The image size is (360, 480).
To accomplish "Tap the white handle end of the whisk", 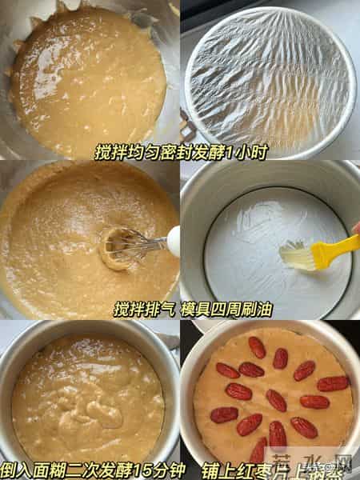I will click(x=174, y=240).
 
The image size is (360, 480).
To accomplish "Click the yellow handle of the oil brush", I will click(x=334, y=250).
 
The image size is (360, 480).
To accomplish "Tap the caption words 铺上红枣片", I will click(x=241, y=467).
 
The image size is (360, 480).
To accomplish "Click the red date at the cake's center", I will click(x=276, y=400).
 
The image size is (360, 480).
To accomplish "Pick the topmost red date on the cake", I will click(x=257, y=347).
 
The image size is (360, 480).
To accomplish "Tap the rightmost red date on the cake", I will click(x=333, y=384).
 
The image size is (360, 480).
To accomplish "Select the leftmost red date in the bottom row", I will click(x=225, y=415).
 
